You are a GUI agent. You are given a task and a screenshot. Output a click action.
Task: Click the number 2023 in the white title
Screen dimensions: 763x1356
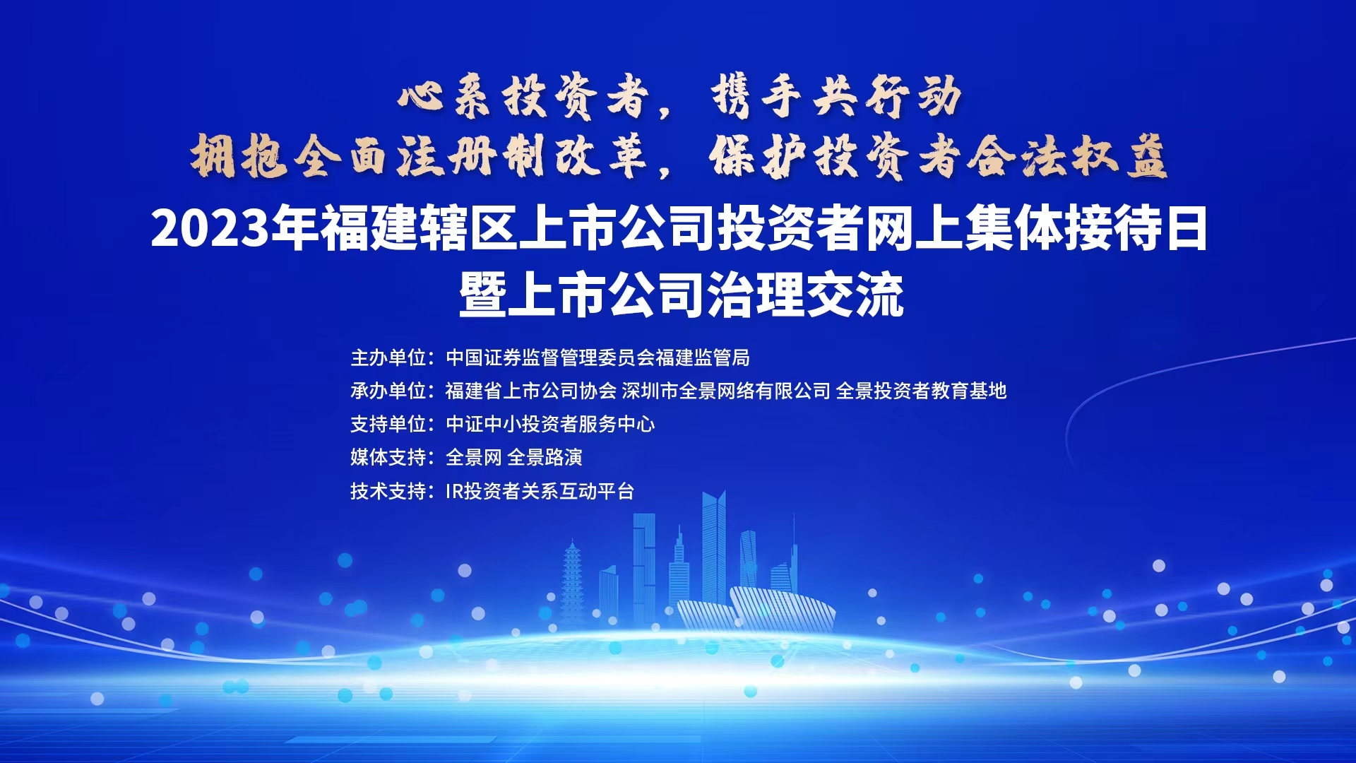210,230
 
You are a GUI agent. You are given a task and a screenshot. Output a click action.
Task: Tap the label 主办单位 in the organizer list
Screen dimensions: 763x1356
388,358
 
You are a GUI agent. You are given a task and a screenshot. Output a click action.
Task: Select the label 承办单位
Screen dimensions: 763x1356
388,391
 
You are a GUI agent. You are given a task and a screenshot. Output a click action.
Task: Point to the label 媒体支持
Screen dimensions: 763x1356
388,458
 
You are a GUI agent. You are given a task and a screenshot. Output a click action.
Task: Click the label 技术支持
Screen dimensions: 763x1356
388,491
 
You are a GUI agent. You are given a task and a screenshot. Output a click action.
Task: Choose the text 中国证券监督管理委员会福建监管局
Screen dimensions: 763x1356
597,358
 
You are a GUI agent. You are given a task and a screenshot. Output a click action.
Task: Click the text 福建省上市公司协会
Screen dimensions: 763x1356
530,391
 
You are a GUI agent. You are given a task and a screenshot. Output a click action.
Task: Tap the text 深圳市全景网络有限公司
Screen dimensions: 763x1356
726,391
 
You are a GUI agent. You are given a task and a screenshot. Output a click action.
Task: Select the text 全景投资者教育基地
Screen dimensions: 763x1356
921,391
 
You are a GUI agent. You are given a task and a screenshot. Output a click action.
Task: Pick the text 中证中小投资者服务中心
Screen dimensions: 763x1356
550,425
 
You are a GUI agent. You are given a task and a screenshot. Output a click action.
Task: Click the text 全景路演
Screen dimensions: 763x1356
545,458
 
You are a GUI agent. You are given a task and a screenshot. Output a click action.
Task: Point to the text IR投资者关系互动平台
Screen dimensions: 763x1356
540,491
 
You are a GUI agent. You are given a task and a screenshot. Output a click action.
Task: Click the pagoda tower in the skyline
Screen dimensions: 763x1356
572,586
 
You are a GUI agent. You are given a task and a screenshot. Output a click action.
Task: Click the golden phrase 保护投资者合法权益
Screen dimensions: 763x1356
938,157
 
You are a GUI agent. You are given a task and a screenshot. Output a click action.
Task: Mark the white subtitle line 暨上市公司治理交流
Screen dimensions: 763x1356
682,295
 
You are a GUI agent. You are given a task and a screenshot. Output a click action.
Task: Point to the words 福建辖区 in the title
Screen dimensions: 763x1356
419,230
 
